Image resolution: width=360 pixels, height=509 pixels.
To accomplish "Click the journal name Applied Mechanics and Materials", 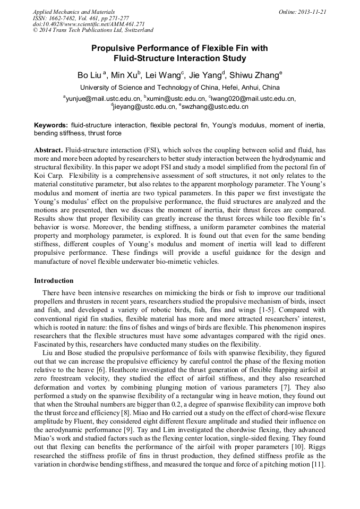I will (74, 12).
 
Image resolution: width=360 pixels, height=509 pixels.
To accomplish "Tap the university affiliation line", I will (179, 88).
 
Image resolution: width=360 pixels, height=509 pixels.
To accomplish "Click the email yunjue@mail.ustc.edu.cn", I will (104, 98).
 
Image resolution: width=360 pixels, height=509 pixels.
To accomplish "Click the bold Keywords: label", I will (51, 125).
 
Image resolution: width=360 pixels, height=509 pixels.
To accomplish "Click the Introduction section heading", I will (54, 281).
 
